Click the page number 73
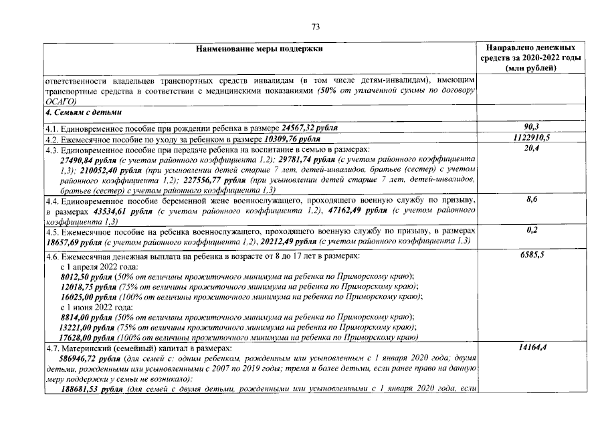click(316, 27)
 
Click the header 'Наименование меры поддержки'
click(260, 49)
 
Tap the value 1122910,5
click(532, 138)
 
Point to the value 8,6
click(532, 199)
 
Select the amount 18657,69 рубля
click(73, 241)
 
